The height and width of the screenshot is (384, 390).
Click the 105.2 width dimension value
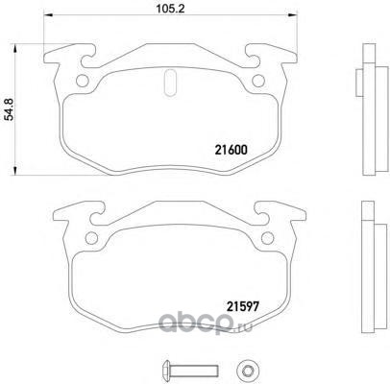coord(170,10)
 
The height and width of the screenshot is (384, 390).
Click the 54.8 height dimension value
coord(11,109)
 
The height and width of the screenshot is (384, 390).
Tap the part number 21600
coord(231,150)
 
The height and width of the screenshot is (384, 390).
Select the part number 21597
coord(242,307)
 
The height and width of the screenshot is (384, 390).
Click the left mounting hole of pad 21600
coord(83,81)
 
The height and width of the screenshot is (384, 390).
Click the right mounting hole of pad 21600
coord(258,81)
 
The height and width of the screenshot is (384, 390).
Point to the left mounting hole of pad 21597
coord(92,238)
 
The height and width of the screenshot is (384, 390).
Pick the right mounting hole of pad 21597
coord(267,238)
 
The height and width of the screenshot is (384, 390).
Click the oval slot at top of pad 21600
coord(170,83)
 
